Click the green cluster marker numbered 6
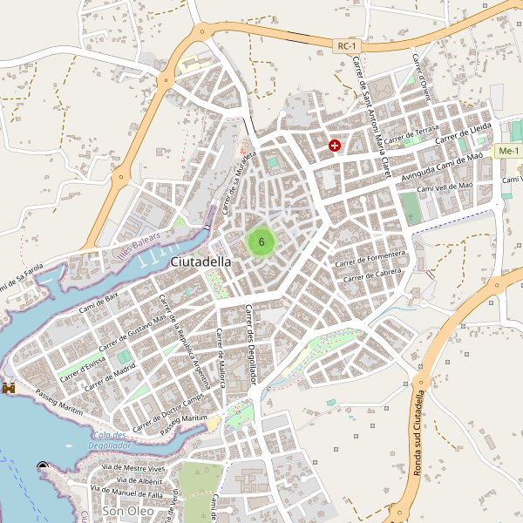tap(261, 241)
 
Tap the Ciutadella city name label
tap(201, 261)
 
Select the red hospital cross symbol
tap(335, 146)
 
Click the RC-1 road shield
tap(347, 44)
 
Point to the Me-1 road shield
tap(507, 152)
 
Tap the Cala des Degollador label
tap(109, 440)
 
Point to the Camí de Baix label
tap(98, 302)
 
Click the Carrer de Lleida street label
tap(464, 132)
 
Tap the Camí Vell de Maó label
tap(445, 186)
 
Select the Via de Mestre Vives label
tap(133, 468)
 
